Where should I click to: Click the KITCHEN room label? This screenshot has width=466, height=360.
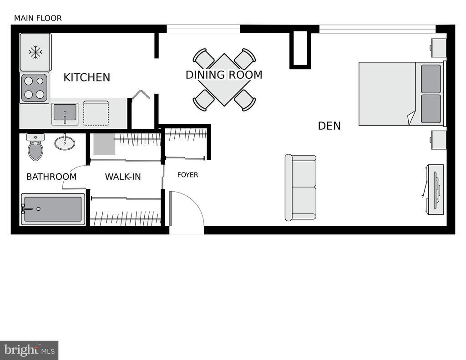click(86, 77)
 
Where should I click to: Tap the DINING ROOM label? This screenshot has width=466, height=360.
click(224, 75)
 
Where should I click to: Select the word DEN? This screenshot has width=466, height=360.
click(329, 126)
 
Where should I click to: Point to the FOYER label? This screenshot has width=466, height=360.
click(187, 175)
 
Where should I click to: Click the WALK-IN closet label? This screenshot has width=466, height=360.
click(123, 177)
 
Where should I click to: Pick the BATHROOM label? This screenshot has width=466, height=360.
click(51, 177)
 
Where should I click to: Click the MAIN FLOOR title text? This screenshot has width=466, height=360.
click(38, 18)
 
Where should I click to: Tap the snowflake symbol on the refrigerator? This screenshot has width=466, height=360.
click(35, 52)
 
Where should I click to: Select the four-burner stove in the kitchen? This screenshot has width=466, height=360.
click(35, 87)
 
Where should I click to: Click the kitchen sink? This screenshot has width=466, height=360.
click(65, 113)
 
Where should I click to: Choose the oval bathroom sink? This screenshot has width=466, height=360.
click(65, 142)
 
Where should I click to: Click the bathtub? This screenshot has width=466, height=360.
click(53, 209)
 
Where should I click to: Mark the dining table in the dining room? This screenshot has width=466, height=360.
click(224, 80)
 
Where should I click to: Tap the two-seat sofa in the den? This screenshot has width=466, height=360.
click(301, 188)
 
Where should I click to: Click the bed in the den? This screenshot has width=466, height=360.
click(400, 94)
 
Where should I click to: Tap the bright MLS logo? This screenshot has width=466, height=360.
click(29, 350)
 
